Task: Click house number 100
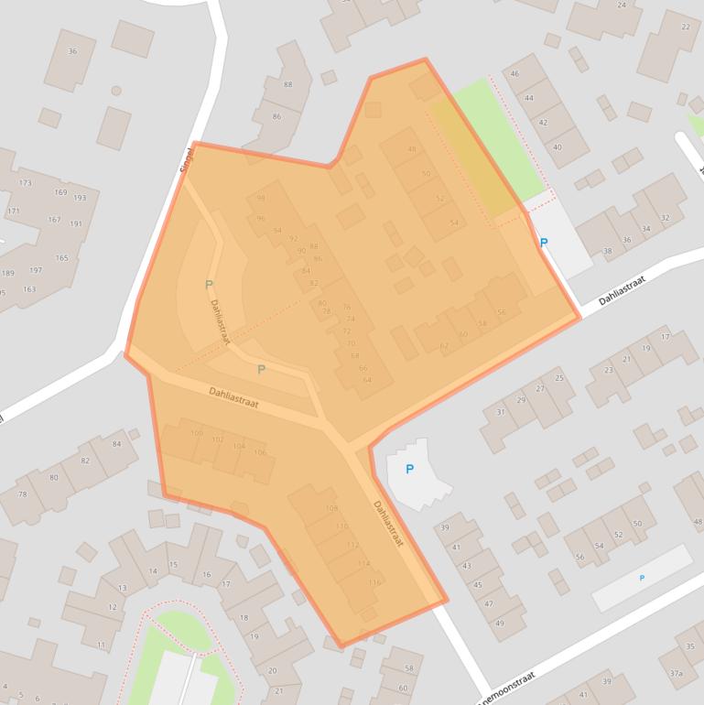(197, 433)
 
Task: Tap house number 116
(374, 582)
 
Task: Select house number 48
(412, 150)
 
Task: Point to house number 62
(444, 346)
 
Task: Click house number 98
(261, 198)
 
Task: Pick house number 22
(686, 27)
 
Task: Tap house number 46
(515, 74)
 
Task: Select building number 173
(25, 183)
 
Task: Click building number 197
(36, 270)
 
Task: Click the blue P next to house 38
(544, 243)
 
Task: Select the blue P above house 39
(409, 469)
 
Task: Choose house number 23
(609, 370)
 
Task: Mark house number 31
(501, 412)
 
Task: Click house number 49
(499, 623)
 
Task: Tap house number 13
(123, 588)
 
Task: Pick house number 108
(331, 508)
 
